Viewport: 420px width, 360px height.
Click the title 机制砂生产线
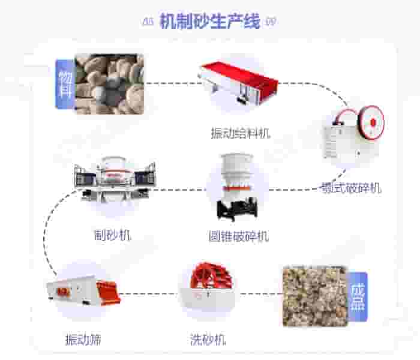tap(210, 22)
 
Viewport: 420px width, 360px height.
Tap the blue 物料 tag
tap(64, 84)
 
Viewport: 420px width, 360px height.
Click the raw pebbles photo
tap(109, 83)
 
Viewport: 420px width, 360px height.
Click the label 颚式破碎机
tap(351, 188)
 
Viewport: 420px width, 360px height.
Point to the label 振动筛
tap(83, 340)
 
